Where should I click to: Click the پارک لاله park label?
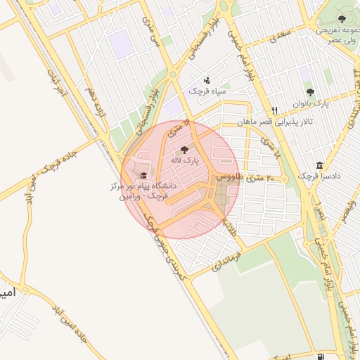click(x=184, y=160)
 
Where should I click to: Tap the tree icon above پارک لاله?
click(x=184, y=150)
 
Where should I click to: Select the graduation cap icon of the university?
click(x=144, y=176)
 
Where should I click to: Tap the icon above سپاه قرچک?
click(x=205, y=80)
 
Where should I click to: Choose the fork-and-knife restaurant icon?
click(x=275, y=111)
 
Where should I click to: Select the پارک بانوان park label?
click(x=310, y=103)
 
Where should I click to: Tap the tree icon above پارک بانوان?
click(x=310, y=92)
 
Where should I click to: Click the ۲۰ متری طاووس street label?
click(x=252, y=179)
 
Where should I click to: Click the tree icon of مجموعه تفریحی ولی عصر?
click(x=342, y=19)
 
